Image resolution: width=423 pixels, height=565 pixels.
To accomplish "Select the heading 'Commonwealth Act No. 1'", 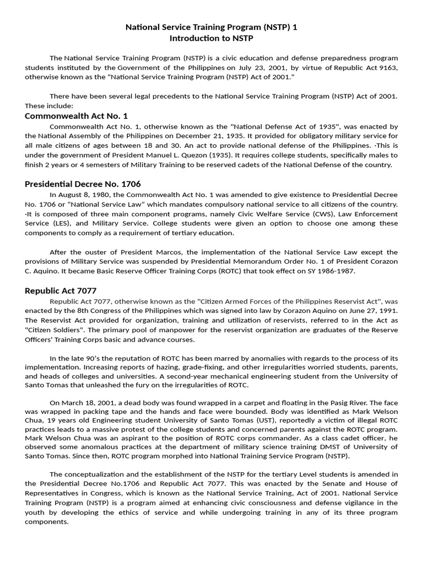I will click(76, 116).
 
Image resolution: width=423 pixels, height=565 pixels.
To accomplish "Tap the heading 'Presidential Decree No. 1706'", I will click(86, 184).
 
